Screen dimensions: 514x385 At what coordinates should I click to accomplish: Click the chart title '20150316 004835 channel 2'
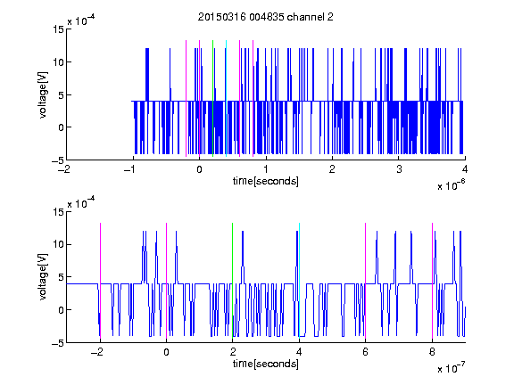point(266,17)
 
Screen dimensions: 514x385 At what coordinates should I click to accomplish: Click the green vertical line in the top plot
point(212,99)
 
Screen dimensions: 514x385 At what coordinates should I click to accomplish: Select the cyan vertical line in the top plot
point(226,99)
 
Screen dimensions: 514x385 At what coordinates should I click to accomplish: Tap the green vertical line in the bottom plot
point(232,282)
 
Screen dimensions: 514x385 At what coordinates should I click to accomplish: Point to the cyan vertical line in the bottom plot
point(299,282)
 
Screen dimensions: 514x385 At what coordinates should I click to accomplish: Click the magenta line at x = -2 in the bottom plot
point(100,282)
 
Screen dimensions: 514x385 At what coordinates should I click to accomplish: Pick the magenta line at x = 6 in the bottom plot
point(366,282)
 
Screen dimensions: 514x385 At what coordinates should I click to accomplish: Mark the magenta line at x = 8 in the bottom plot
point(433,282)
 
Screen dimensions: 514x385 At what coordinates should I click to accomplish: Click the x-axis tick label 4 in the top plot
point(465,169)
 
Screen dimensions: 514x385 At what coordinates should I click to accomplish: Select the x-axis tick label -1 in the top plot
point(130,169)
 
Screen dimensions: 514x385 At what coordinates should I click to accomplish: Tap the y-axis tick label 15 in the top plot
point(58,29)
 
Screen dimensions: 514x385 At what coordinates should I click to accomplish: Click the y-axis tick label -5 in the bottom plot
point(58,343)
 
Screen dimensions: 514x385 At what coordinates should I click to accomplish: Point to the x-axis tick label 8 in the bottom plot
point(432,352)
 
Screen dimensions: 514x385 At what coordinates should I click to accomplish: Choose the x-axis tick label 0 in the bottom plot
point(166,352)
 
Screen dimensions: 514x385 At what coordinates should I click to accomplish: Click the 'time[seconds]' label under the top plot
point(266,181)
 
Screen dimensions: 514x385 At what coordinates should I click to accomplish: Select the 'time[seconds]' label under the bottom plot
point(266,364)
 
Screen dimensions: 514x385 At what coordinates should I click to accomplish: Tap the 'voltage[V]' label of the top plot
point(43,94)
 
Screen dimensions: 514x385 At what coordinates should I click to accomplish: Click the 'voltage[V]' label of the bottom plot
point(43,277)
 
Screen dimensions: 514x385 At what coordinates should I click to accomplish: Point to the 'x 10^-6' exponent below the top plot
point(451,185)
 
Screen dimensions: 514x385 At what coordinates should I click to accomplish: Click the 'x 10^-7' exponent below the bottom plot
point(451,368)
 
